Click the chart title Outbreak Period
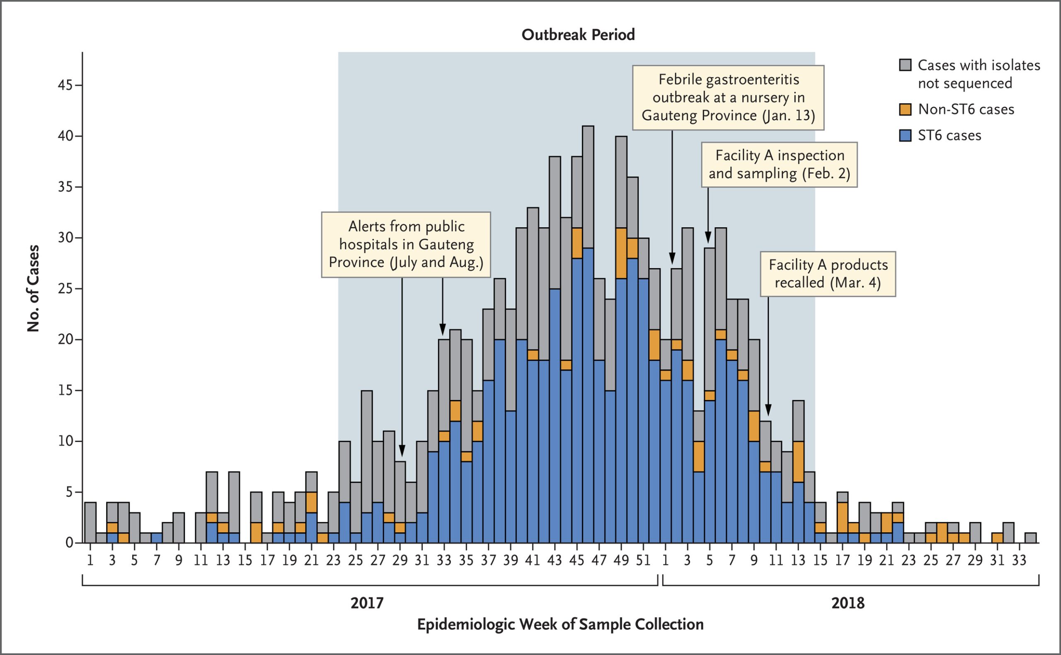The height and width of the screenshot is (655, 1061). (578, 35)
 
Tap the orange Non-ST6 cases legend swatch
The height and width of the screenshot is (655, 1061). (905, 109)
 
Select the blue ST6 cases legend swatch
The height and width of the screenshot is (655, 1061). (905, 136)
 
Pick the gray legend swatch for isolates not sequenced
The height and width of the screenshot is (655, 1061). (905, 65)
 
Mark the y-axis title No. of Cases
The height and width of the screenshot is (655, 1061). (33, 289)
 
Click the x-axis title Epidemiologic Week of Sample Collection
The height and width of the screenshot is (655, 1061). (560, 624)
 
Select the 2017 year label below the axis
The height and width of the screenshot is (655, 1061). (367, 603)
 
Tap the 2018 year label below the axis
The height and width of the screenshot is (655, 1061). (848, 603)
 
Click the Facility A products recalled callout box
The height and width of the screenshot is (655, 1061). (828, 274)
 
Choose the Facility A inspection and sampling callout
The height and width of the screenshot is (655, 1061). (779, 164)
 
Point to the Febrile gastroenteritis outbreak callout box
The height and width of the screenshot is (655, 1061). (728, 97)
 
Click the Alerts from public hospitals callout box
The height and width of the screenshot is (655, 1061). (406, 244)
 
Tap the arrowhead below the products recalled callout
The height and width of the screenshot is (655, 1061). (768, 410)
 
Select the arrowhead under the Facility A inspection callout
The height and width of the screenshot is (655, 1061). (708, 238)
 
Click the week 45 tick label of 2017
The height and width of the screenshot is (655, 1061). (577, 560)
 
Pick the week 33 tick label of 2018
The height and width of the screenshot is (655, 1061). (1019, 560)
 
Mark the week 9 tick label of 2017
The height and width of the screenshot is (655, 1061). (178, 560)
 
